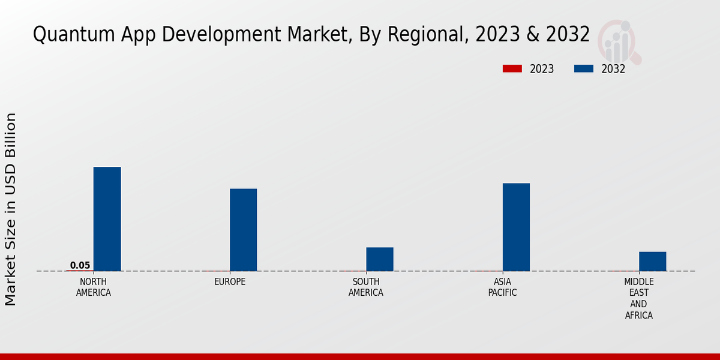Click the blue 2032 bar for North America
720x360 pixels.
[x=107, y=219]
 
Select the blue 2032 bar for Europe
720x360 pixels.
[x=243, y=230]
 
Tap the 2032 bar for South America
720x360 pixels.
[x=379, y=259]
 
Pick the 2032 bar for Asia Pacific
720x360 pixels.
[x=516, y=227]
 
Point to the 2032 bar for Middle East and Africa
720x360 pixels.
[x=652, y=261]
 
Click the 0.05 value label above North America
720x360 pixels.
[x=80, y=265]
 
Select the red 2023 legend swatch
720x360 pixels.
[x=512, y=69]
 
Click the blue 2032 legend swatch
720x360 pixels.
[x=583, y=69]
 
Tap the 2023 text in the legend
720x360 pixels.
[x=542, y=69]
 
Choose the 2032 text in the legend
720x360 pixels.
[x=613, y=69]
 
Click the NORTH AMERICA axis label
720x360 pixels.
[x=94, y=287]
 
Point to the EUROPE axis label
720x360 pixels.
[x=230, y=281]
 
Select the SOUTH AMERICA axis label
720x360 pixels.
[x=366, y=287]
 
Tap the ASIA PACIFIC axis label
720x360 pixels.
[x=503, y=287]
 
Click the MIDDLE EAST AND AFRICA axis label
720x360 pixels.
[x=639, y=298]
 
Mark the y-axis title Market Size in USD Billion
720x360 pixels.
[x=11, y=209]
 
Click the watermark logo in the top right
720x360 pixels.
[x=619, y=41]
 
